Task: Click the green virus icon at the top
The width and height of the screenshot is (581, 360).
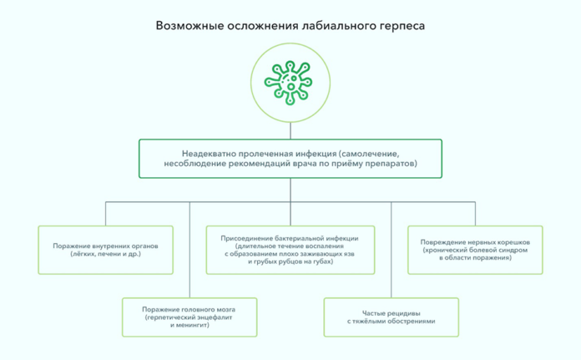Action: coord(290,81)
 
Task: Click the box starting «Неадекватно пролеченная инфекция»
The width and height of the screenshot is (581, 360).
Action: coord(290,159)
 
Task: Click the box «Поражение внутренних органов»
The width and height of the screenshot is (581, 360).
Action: coord(106,250)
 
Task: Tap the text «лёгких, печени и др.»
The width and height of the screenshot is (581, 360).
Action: coord(106,255)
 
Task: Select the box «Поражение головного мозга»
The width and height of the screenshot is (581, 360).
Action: coord(189,317)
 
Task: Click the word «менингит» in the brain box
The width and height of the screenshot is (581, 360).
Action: coord(194,325)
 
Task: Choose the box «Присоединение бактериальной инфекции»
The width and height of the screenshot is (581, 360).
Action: coord(290,250)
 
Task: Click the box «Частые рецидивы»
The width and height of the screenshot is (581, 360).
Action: coord(391,317)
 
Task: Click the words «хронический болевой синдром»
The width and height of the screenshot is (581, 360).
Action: coord(476,250)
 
